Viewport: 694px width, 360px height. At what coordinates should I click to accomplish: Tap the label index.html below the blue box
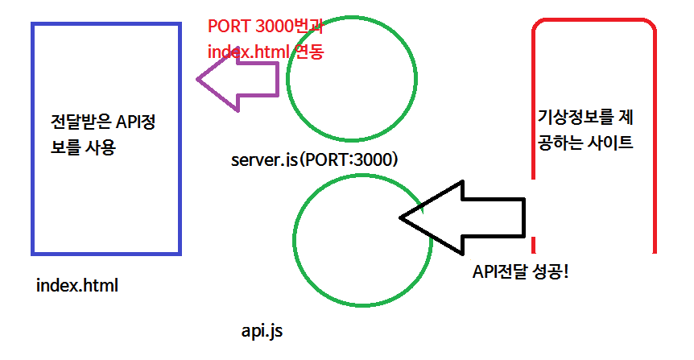tap(77, 285)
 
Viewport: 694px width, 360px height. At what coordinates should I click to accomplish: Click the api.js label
tap(262, 331)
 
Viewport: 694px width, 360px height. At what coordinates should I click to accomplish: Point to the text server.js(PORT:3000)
tap(314, 159)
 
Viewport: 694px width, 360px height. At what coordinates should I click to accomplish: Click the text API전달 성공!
tap(520, 271)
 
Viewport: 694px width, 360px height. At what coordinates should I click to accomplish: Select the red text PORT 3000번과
tap(266, 27)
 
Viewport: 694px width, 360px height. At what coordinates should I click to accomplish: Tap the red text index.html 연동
tap(266, 52)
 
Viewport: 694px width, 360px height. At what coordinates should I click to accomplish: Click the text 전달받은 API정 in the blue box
tap(103, 122)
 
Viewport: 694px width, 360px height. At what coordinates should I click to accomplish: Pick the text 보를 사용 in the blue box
tap(83, 147)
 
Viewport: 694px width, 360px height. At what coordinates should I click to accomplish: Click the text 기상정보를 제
tap(585, 118)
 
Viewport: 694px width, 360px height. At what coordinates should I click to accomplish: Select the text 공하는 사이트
tap(585, 143)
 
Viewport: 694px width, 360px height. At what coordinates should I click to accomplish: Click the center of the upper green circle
tap(352, 79)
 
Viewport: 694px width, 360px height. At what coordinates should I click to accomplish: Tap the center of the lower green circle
tap(362, 240)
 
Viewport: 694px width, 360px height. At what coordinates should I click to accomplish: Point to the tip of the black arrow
tap(399, 217)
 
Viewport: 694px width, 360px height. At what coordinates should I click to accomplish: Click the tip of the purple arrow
tap(197, 80)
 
